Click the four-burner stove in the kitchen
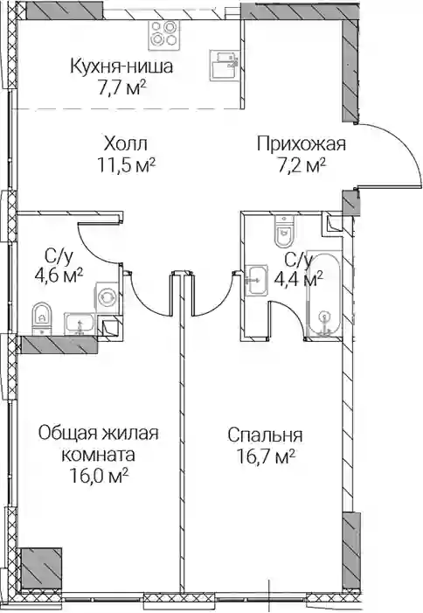(x=162, y=34)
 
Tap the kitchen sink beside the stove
(x=225, y=65)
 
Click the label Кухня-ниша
(x=121, y=66)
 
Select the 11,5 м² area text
(x=127, y=165)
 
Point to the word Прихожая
(x=302, y=144)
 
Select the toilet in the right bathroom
(x=284, y=231)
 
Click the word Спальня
(x=266, y=435)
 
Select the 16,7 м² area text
(x=266, y=456)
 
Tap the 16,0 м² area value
(x=100, y=476)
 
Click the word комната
(x=100, y=455)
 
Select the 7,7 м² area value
(x=121, y=87)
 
